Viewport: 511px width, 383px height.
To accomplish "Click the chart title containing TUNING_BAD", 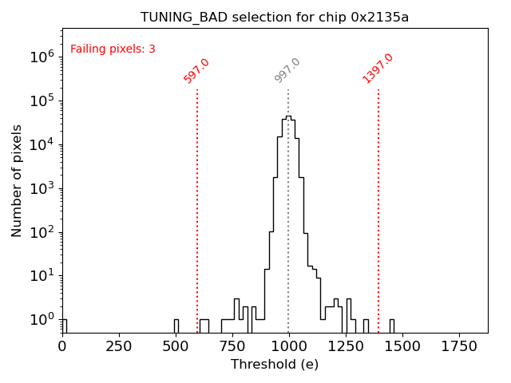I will tap(275, 18).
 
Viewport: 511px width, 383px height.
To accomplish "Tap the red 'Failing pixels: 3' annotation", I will tap(113, 49).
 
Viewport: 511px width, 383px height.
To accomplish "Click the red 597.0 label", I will tap(196, 71).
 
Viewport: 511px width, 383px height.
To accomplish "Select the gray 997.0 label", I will tap(287, 70).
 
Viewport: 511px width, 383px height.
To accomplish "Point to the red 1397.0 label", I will tap(378, 69).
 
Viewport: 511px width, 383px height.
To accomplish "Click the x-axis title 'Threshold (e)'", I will tap(275, 365).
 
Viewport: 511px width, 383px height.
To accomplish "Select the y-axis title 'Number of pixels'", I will tap(18, 180).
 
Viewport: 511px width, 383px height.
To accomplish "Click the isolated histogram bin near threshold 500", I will tap(176, 326).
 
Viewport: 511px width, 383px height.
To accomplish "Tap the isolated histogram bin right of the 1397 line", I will tap(391, 326).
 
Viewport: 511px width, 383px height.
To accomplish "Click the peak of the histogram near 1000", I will tap(288, 116).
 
